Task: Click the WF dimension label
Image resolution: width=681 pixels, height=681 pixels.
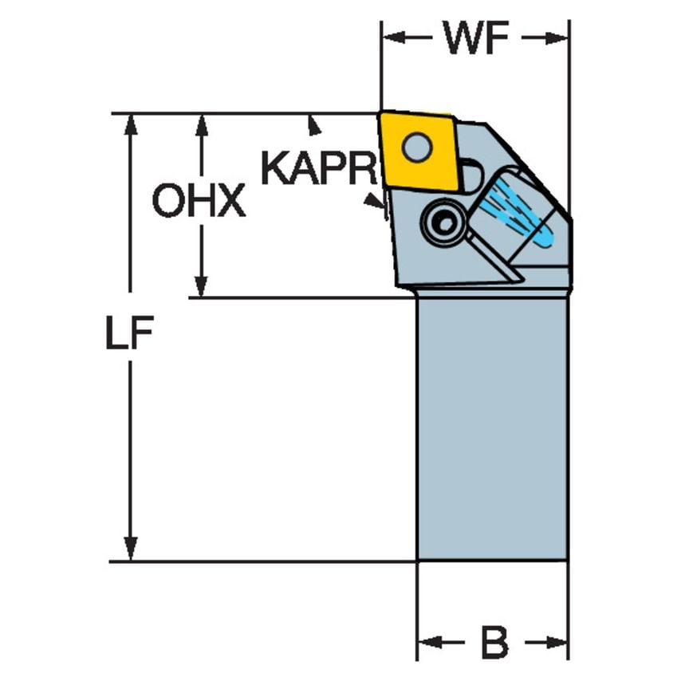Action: click(x=476, y=37)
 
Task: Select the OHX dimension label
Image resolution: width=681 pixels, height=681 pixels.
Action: click(x=199, y=202)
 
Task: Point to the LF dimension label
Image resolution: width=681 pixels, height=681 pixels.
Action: click(x=128, y=335)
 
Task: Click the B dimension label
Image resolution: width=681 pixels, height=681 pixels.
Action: click(x=494, y=643)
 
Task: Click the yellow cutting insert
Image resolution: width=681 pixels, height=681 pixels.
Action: click(x=420, y=150)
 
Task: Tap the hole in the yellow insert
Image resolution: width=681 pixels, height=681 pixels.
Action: click(x=416, y=147)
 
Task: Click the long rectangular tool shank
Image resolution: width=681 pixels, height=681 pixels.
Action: click(x=492, y=427)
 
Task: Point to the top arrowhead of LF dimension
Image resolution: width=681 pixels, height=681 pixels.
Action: click(x=130, y=123)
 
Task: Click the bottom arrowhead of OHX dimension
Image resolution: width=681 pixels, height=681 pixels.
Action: click(x=201, y=288)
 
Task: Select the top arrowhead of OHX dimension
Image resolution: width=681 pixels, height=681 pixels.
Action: click(x=201, y=123)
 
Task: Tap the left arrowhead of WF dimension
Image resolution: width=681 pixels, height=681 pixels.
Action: click(x=392, y=37)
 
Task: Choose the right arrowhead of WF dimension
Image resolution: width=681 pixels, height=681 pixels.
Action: click(x=559, y=37)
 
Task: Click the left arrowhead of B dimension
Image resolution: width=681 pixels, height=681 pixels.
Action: click(x=427, y=643)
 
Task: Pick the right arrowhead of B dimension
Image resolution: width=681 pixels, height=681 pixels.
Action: click(x=557, y=643)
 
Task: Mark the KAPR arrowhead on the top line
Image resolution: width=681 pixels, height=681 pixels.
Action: click(x=315, y=124)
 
